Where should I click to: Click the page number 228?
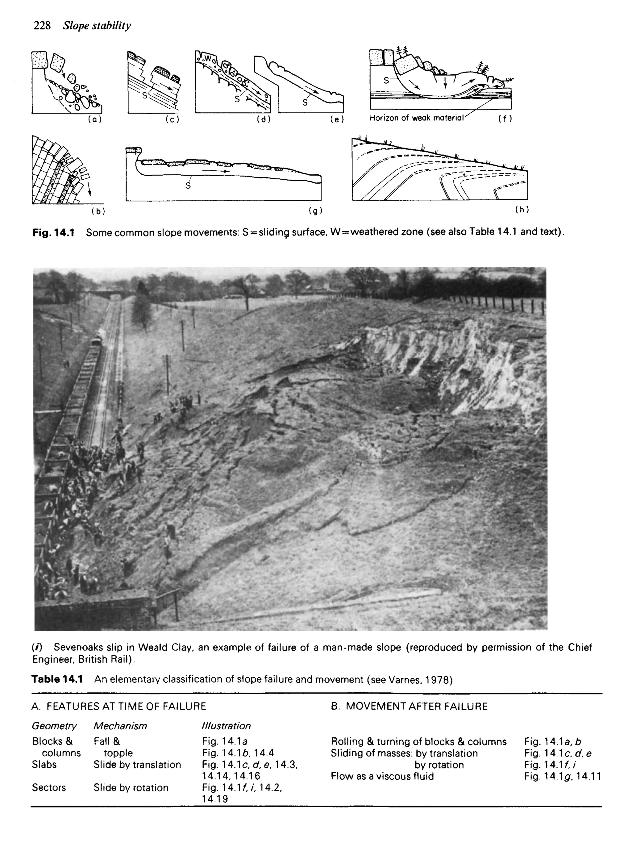click(42, 26)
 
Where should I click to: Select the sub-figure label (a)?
click(94, 119)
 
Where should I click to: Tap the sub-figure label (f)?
click(505, 119)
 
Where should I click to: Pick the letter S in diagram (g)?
click(188, 186)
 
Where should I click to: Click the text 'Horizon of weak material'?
click(416, 118)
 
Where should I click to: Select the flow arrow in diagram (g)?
click(215, 171)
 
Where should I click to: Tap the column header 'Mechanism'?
click(120, 726)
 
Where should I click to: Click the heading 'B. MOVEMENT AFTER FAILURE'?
click(409, 707)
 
